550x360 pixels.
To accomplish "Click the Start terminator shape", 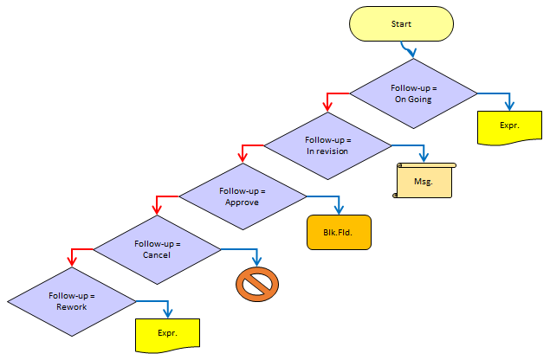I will tap(401, 24).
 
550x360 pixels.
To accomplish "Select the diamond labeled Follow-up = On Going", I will tap(413, 93).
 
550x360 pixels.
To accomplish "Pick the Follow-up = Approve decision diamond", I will tap(243, 196).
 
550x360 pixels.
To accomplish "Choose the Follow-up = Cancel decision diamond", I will tap(158, 249).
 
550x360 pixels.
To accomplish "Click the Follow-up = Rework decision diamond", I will tap(72, 301).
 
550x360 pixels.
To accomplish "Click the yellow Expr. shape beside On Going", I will tap(509, 126).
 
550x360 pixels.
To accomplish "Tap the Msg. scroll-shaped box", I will tap(424, 181).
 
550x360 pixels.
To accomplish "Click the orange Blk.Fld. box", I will tap(339, 232).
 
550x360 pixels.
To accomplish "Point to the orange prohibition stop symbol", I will tap(257, 284).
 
